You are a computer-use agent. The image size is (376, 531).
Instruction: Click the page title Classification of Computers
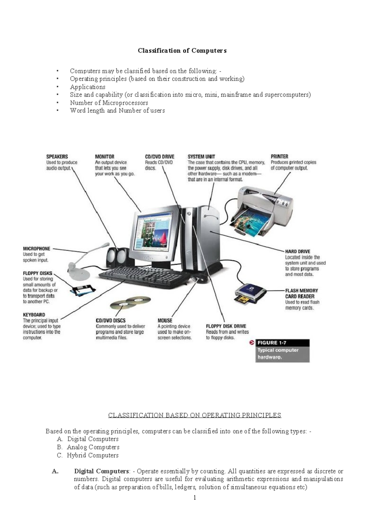click(182, 51)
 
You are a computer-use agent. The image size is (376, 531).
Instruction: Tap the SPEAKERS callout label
click(57, 157)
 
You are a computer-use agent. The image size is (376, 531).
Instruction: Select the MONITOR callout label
click(105, 157)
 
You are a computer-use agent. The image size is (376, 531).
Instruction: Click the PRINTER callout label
click(279, 157)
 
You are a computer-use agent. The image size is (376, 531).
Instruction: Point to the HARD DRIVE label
click(297, 251)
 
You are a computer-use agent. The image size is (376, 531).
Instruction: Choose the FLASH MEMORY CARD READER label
click(301, 293)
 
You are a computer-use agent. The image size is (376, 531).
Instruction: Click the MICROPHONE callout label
click(36, 249)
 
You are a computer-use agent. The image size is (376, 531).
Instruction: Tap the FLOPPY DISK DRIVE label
click(226, 326)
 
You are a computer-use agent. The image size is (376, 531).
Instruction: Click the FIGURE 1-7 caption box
click(282, 351)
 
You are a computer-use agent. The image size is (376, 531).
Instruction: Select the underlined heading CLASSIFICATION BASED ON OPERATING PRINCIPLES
click(195, 415)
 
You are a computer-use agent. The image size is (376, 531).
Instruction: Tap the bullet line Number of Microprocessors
click(109, 103)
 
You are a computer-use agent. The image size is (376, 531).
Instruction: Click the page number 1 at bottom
click(195, 498)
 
